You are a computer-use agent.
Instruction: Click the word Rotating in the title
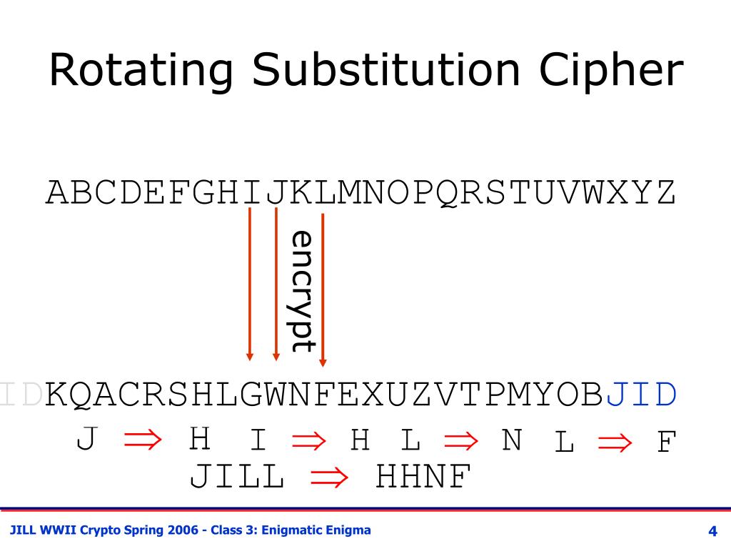141,71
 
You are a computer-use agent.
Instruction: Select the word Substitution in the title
385,71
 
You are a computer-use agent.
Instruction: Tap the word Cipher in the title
612,71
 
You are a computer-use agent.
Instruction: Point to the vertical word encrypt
303,291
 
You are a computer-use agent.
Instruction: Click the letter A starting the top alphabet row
58,193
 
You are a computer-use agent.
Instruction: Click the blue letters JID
642,395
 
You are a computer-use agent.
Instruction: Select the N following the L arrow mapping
512,440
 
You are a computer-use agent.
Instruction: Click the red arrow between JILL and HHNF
329,478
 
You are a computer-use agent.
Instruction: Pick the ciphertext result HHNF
424,478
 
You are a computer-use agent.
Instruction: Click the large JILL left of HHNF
236,478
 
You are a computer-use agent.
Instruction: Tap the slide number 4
712,531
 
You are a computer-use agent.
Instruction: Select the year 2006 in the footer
185,530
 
